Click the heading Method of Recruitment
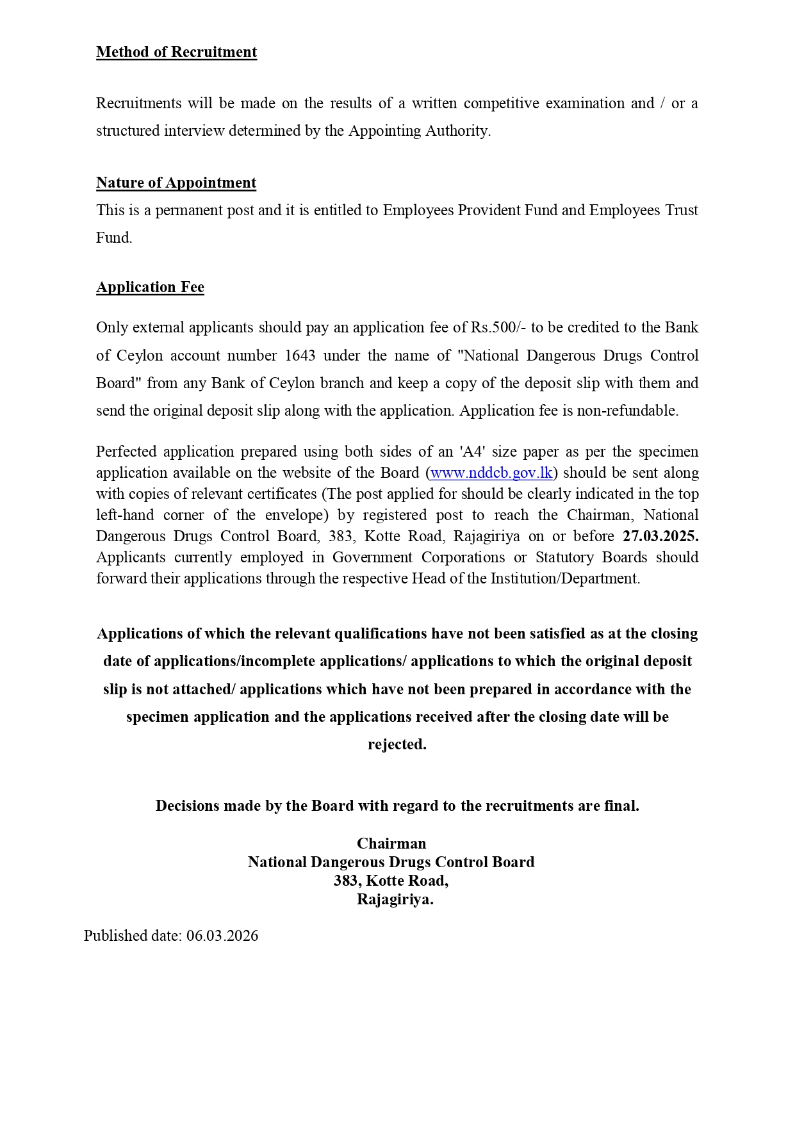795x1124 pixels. pyautogui.click(x=176, y=53)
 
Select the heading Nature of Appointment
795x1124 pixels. pyautogui.click(x=176, y=183)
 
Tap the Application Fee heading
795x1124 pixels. pyautogui.click(x=150, y=288)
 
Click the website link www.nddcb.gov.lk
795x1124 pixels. pyautogui.click(x=491, y=473)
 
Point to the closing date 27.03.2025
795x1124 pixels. pyautogui.click(x=660, y=537)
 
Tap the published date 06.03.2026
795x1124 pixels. pyautogui.click(x=222, y=936)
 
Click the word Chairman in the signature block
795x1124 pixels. pyautogui.click(x=391, y=843)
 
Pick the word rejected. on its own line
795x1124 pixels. pyautogui.click(x=397, y=745)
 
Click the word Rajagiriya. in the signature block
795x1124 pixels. pyautogui.click(x=395, y=900)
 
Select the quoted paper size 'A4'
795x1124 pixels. pyautogui.click(x=471, y=452)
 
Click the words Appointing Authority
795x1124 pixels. pyautogui.click(x=419, y=131)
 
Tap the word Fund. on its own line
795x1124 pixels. pyautogui.click(x=114, y=238)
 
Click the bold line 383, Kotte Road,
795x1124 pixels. pyautogui.click(x=391, y=881)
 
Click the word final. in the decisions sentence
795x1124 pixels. pyautogui.click(x=621, y=806)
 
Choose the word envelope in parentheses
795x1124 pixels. pyautogui.click(x=293, y=516)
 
